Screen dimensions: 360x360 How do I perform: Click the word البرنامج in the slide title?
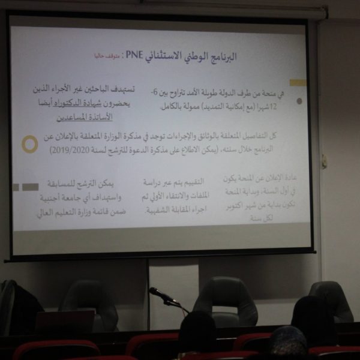pyautogui.click(x=218, y=57)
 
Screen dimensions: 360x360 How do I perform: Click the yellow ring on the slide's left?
pyautogui.click(x=29, y=144)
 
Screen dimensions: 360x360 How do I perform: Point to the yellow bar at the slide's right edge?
pyautogui.click(x=298, y=83)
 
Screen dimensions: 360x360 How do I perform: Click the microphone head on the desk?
pyautogui.click(x=155, y=293)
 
